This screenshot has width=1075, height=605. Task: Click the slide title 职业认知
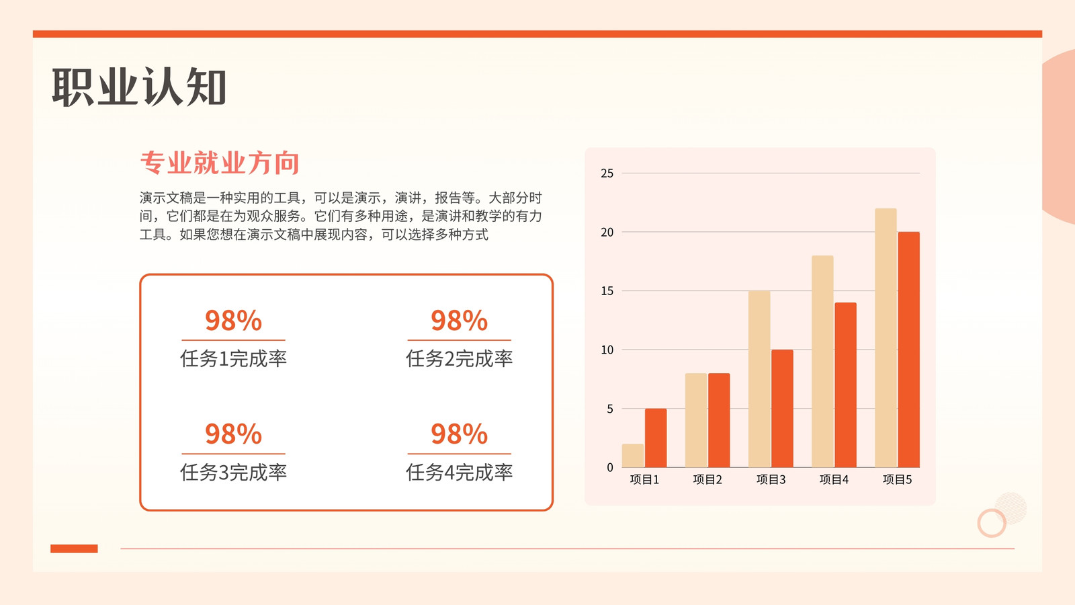click(x=138, y=87)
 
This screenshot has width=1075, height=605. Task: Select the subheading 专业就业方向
click(x=220, y=163)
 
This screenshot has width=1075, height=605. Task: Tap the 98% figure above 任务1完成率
click(x=233, y=320)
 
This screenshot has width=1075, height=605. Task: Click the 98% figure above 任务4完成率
click(x=460, y=434)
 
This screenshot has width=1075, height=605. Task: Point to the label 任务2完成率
click(x=460, y=359)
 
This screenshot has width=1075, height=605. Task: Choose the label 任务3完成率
click(x=233, y=473)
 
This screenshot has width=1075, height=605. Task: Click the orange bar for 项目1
click(x=656, y=438)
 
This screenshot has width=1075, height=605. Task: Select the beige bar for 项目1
click(x=632, y=456)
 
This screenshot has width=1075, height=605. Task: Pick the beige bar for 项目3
click(x=759, y=379)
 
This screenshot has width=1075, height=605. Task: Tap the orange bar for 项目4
click(x=846, y=385)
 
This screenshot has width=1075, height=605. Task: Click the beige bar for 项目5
click(x=886, y=337)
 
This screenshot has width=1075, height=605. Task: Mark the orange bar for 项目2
click(x=719, y=420)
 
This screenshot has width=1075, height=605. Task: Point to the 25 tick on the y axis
click(x=607, y=173)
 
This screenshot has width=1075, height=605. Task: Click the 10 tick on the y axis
click(x=607, y=350)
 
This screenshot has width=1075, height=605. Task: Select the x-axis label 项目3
click(x=771, y=480)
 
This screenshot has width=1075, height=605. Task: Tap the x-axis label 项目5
click(x=897, y=480)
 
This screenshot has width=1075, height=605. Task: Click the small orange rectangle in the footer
click(x=74, y=549)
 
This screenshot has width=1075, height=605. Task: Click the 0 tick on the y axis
click(x=610, y=468)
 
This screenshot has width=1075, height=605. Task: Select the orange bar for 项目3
click(x=782, y=408)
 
